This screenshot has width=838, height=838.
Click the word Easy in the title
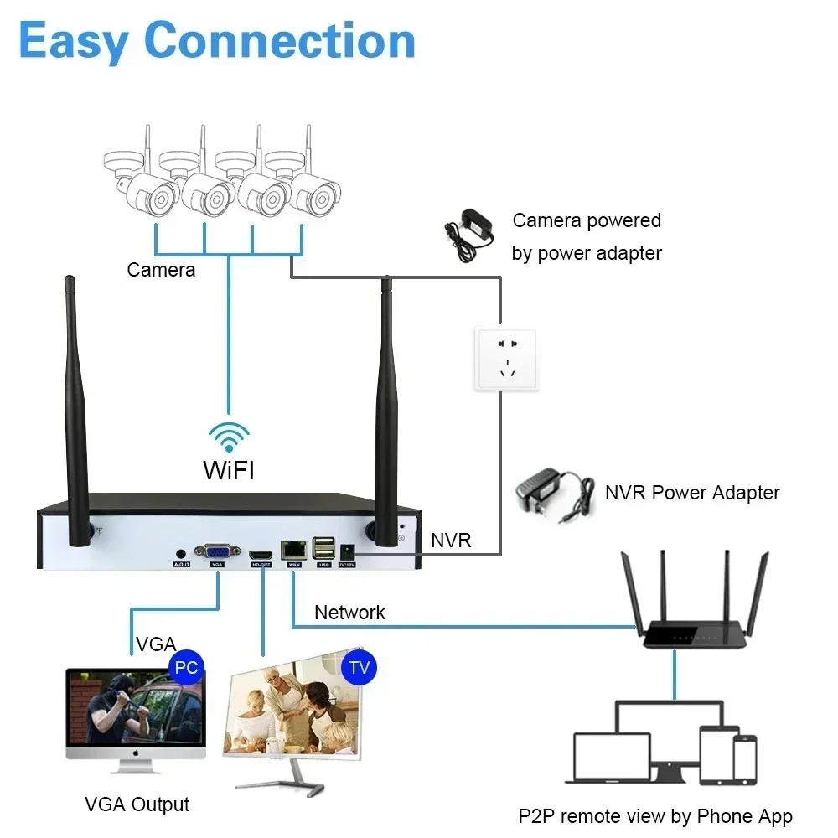click(74, 42)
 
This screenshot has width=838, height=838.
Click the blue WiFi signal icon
click(229, 437)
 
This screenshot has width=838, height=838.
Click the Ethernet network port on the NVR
click(294, 550)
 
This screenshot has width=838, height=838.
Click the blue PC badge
click(187, 668)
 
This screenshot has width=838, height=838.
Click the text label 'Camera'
click(161, 270)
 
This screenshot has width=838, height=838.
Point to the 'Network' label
click(349, 613)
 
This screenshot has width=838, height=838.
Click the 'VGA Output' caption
click(137, 805)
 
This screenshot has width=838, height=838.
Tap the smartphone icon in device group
click(744, 758)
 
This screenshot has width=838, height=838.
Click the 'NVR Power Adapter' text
click(692, 493)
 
